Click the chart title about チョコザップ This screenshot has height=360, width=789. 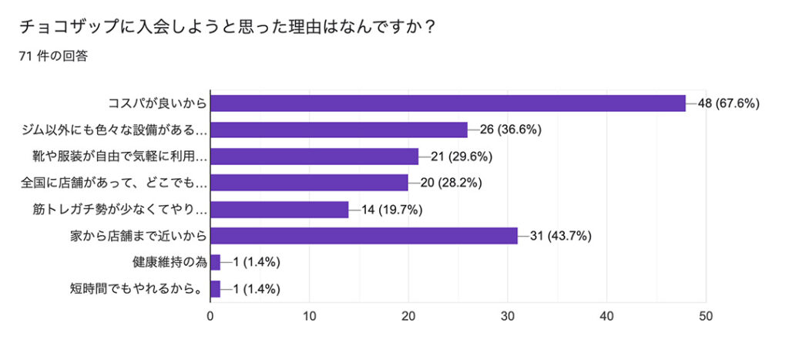(228, 26)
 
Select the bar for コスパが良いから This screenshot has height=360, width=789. (448, 103)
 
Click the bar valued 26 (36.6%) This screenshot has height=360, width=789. (339, 130)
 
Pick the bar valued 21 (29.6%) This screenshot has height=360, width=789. (314, 156)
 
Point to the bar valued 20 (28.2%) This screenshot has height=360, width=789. (309, 183)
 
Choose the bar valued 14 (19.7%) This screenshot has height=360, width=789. (280, 210)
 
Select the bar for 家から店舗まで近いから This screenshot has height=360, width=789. (364, 236)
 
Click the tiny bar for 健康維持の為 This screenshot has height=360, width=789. (215, 263)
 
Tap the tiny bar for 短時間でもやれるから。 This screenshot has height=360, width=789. (215, 289)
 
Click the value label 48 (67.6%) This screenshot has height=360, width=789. (729, 103)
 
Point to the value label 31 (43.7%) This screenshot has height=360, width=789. (562, 236)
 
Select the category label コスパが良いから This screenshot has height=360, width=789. (157, 103)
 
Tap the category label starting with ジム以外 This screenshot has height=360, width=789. (114, 130)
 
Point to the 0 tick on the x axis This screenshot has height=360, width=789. (210, 315)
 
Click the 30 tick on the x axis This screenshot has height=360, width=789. (508, 315)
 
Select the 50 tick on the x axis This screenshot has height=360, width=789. (706, 315)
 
